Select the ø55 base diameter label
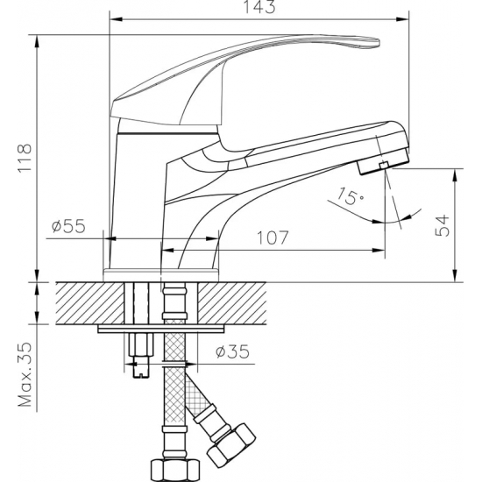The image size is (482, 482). [67, 227]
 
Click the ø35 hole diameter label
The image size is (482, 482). [232, 353]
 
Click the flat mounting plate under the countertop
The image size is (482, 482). [162, 330]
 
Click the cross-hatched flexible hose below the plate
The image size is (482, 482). [175, 386]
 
